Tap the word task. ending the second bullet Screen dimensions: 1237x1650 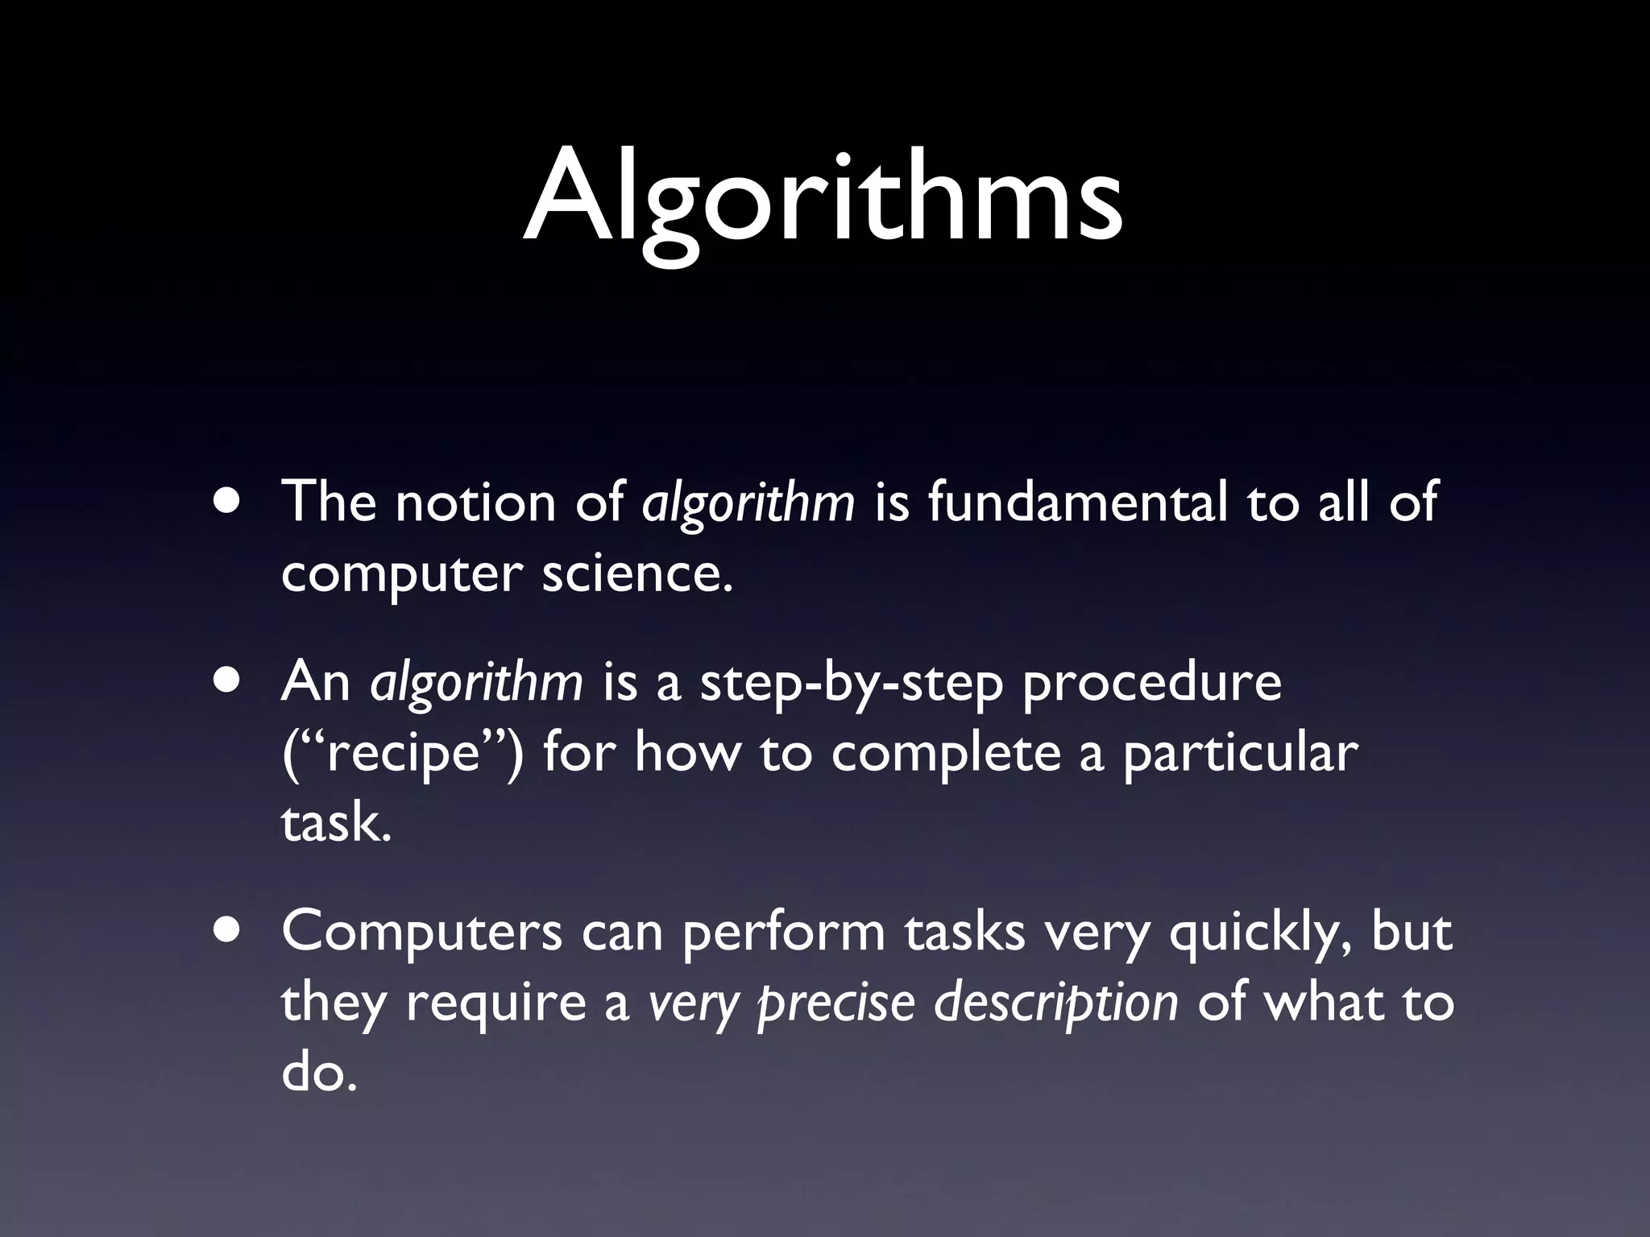coord(336,825)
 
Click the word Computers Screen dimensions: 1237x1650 coord(421,933)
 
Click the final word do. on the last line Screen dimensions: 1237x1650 coord(318,1073)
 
